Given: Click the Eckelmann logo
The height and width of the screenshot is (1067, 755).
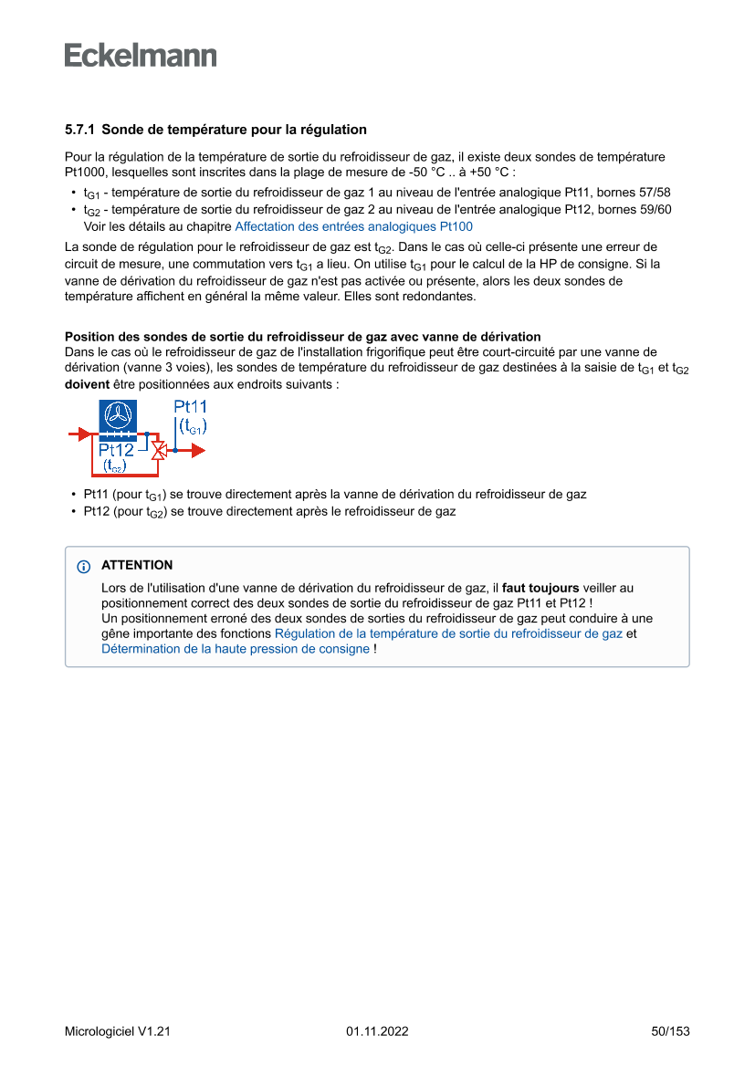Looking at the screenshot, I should pos(141,55).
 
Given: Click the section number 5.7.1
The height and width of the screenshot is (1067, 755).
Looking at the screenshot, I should pos(80,130).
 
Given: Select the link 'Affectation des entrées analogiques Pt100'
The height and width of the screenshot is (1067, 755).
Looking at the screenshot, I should pos(353,226).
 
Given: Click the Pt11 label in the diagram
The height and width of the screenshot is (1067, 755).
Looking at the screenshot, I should pos(190,407).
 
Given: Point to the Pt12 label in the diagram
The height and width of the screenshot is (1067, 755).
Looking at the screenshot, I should pos(116,449).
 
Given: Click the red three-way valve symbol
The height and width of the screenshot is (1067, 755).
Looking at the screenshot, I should pos(158,450).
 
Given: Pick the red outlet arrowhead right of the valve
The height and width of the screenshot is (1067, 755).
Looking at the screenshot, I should pos(198,450).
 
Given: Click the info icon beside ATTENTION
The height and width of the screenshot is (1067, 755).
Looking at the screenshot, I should pos(84,567).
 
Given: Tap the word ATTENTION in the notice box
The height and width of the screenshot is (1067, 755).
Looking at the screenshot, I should pos(137,566).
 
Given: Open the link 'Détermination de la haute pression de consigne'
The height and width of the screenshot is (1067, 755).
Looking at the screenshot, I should pos(236,649).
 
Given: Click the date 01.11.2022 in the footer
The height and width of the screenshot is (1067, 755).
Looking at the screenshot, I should pos(377,1031).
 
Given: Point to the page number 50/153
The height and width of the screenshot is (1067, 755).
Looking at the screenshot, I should pos(670,1031).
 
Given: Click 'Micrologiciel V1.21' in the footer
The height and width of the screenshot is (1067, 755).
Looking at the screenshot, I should pos(118,1031).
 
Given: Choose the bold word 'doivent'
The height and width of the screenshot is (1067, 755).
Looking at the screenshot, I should pos(87,385).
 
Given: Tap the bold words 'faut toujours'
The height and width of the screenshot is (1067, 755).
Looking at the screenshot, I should pos(540,588).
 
